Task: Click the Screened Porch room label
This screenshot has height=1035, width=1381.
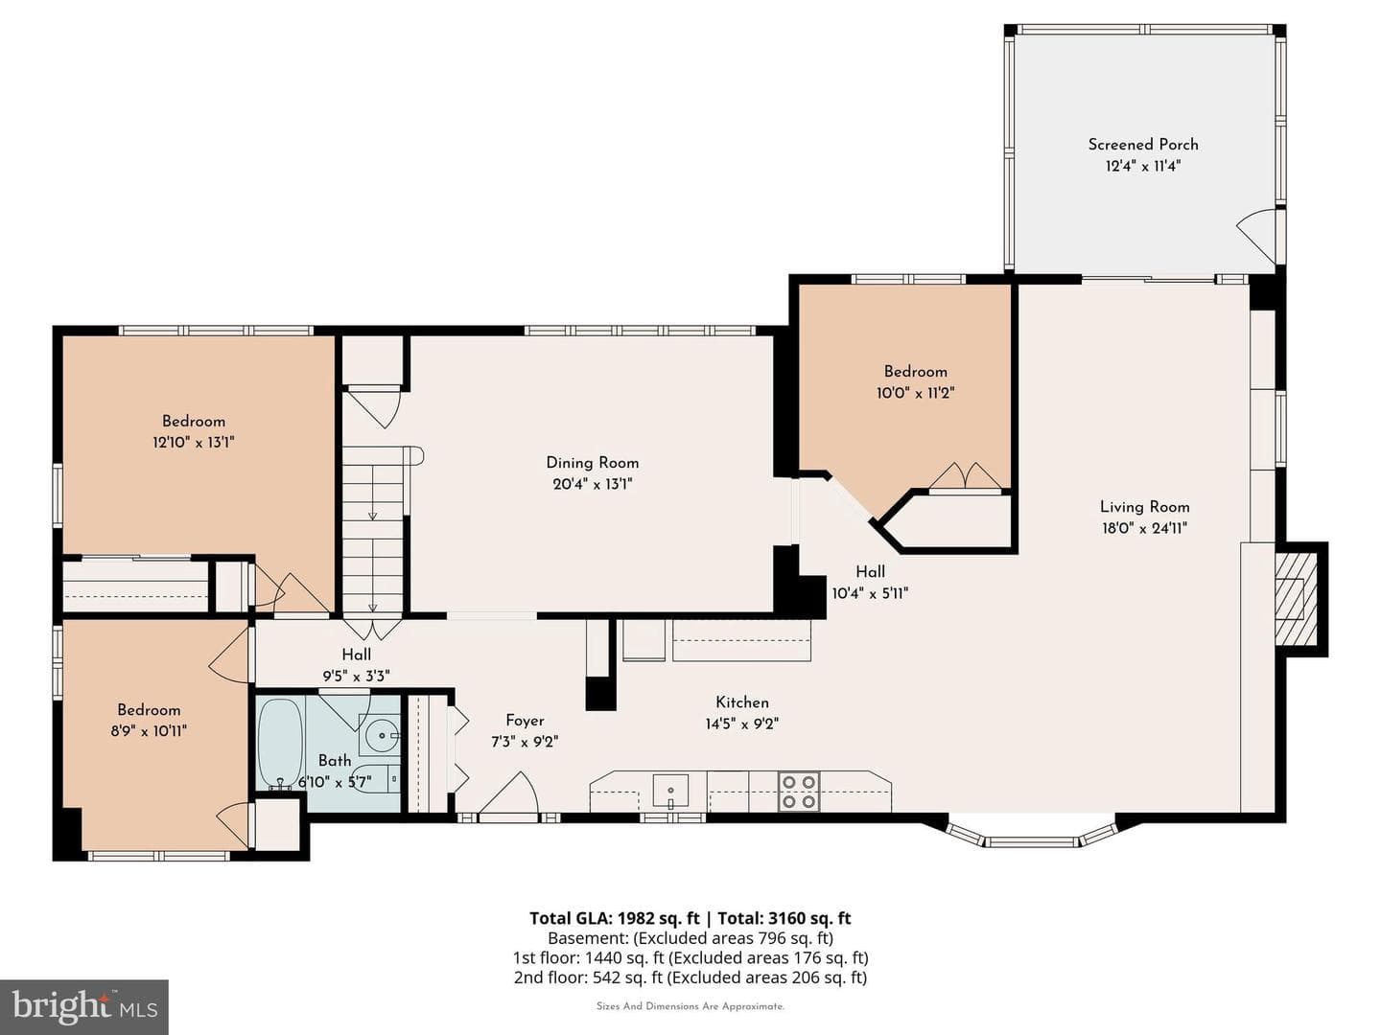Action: click(x=1142, y=145)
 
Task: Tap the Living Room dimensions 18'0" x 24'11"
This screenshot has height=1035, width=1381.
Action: click(x=1144, y=528)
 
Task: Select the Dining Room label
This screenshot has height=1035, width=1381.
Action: click(x=592, y=463)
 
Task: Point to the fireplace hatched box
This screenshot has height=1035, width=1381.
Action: click(x=1296, y=599)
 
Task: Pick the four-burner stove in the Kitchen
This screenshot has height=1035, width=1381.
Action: click(x=799, y=792)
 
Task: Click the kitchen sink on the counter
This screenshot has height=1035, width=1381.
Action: click(x=670, y=791)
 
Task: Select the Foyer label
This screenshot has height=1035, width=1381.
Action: click(x=525, y=720)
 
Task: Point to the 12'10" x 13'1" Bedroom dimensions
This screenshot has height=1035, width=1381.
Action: click(x=193, y=443)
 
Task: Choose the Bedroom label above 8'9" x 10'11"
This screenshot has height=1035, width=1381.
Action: click(x=149, y=709)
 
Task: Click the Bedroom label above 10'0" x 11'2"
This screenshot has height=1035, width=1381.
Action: click(x=916, y=372)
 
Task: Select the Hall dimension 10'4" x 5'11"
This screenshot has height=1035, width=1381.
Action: click(x=870, y=593)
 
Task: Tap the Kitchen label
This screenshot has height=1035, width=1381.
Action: click(x=741, y=701)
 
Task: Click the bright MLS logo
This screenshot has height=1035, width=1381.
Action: click(x=84, y=1007)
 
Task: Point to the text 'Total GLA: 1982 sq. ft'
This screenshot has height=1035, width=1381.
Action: click(x=615, y=918)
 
